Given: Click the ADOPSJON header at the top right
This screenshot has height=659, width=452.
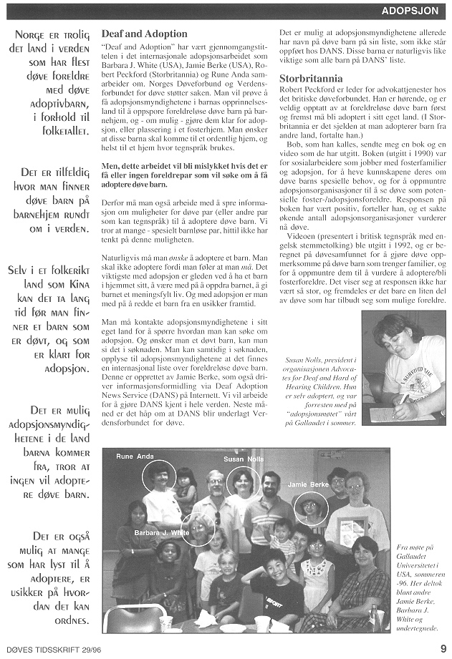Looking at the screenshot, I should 410,11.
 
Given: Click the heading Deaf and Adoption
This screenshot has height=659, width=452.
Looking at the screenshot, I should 145,34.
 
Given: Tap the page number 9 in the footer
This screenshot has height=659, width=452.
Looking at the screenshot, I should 443,649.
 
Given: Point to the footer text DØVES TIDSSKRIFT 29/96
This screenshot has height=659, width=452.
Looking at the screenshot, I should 48,649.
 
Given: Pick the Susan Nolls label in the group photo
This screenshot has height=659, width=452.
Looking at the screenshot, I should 244,458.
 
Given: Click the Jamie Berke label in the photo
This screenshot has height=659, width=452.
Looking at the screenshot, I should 309,485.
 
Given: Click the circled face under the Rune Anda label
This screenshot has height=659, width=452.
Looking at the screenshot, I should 158,477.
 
